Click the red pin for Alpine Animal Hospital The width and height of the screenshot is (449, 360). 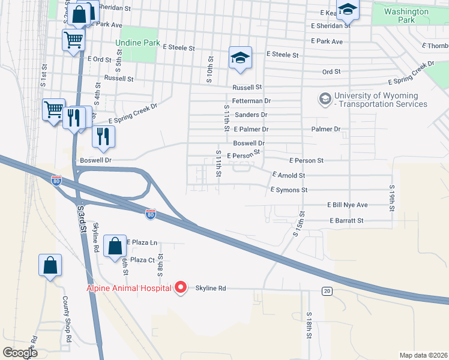180,288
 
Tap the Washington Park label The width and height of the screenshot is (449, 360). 406,16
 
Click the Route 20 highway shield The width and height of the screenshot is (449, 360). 327,291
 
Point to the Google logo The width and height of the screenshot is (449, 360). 20,353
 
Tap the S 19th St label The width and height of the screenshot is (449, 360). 391,196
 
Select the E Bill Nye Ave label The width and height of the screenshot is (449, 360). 347,205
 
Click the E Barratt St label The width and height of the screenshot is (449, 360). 346,221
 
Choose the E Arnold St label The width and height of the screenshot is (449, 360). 289,175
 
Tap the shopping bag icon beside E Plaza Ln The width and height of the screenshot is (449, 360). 115,246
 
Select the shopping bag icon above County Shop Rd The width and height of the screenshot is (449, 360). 50,265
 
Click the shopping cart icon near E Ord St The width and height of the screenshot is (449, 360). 73,41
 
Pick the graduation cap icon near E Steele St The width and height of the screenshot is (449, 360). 240,58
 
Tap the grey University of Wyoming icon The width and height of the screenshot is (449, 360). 325,98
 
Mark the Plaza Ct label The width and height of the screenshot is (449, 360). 143,260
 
